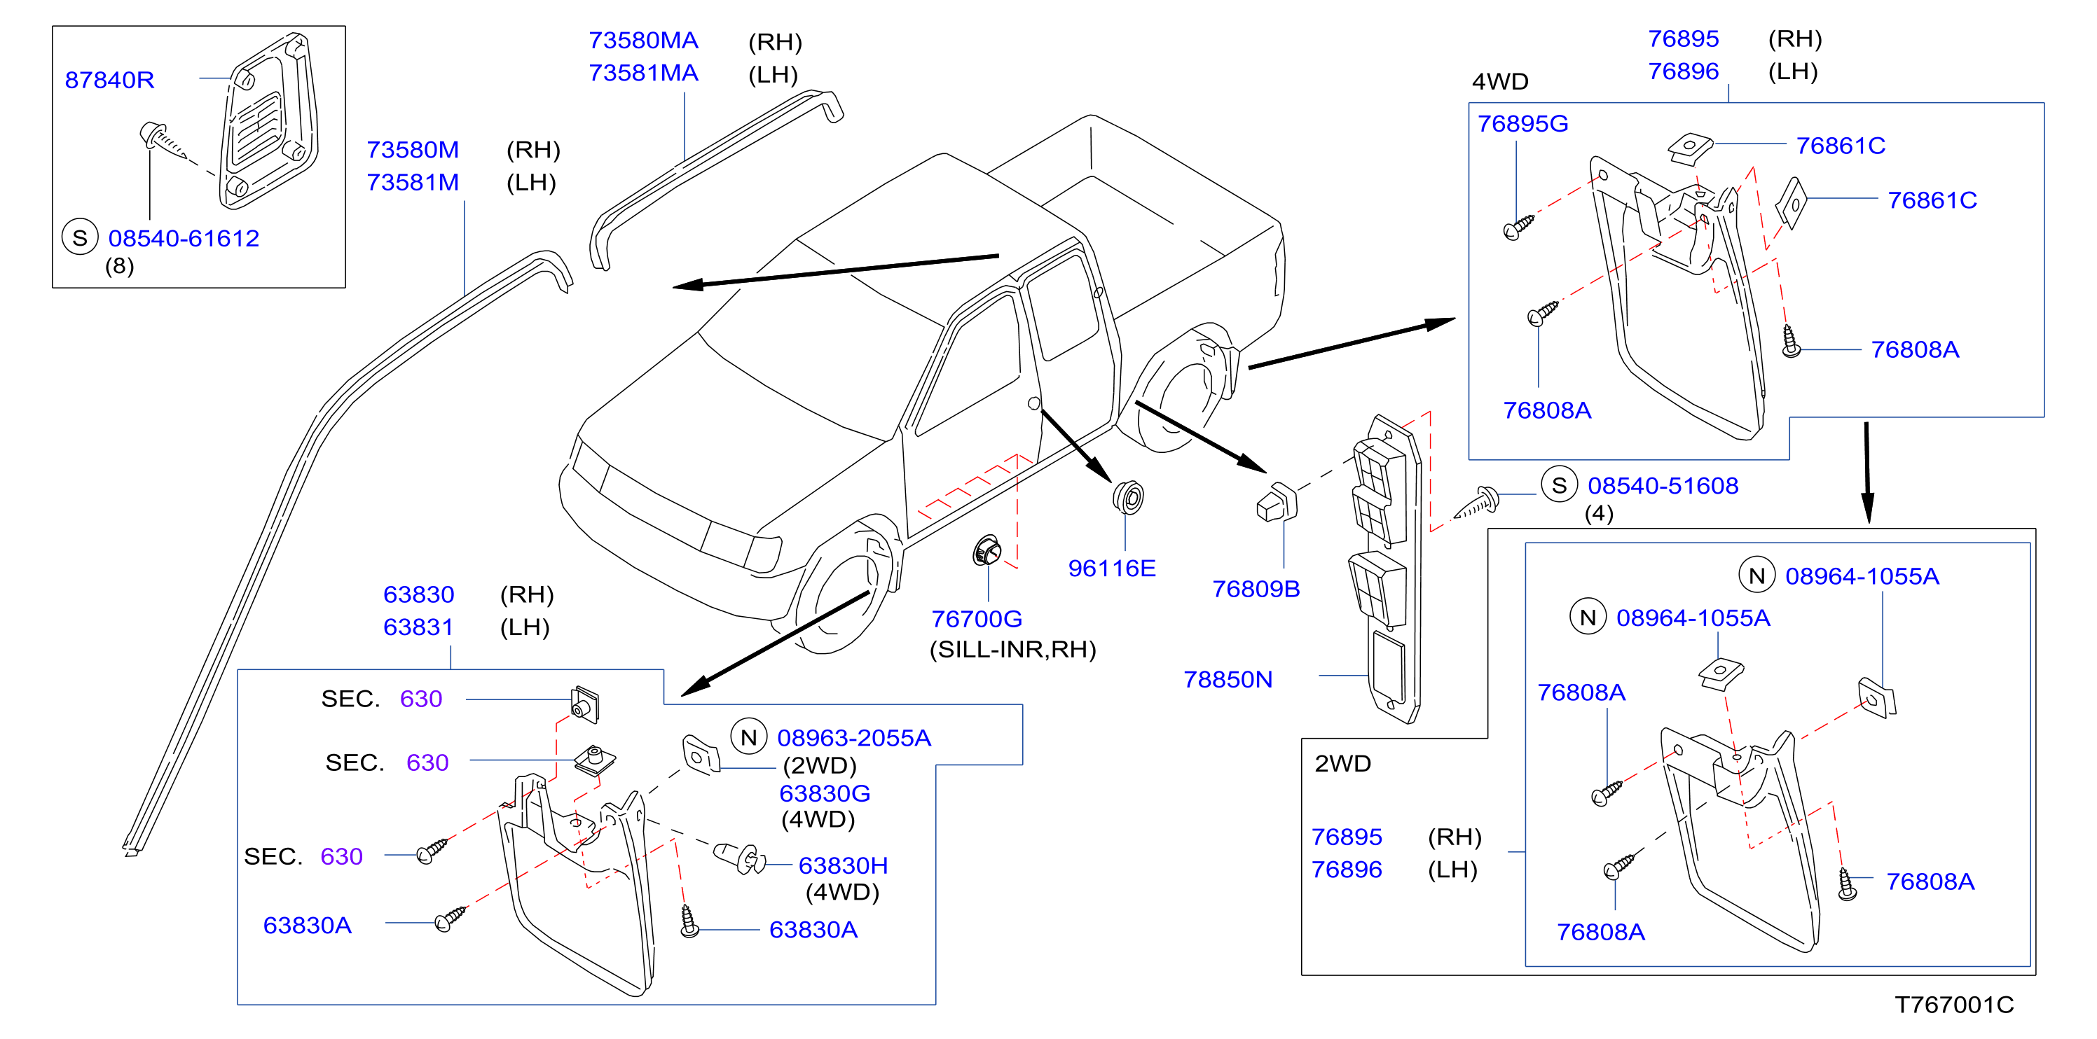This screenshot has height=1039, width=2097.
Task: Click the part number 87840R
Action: point(109,80)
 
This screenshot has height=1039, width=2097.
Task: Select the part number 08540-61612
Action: point(184,238)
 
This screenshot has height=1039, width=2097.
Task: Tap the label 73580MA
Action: point(643,41)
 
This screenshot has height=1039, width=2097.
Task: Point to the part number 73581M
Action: point(413,182)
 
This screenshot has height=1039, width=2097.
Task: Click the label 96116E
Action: point(1112,568)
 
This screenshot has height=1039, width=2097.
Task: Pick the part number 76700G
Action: point(977,619)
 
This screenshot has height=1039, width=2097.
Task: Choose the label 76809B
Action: point(1256,589)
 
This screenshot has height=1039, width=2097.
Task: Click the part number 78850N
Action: point(1228,679)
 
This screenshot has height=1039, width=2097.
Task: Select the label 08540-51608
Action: point(1663,486)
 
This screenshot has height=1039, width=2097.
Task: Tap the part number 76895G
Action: point(1523,124)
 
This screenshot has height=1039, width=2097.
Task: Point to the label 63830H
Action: point(844,865)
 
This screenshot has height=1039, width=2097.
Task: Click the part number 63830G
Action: point(825,793)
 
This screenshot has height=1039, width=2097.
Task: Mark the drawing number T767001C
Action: point(1955,1005)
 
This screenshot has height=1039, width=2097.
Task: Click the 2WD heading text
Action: point(1343,763)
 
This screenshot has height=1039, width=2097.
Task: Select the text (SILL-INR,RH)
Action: point(1012,649)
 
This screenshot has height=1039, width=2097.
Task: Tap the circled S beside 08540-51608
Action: point(1559,486)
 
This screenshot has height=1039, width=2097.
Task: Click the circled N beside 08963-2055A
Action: point(749,737)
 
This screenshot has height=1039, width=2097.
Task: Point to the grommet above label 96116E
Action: point(1128,497)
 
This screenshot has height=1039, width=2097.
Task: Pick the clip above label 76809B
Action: point(1277,502)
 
